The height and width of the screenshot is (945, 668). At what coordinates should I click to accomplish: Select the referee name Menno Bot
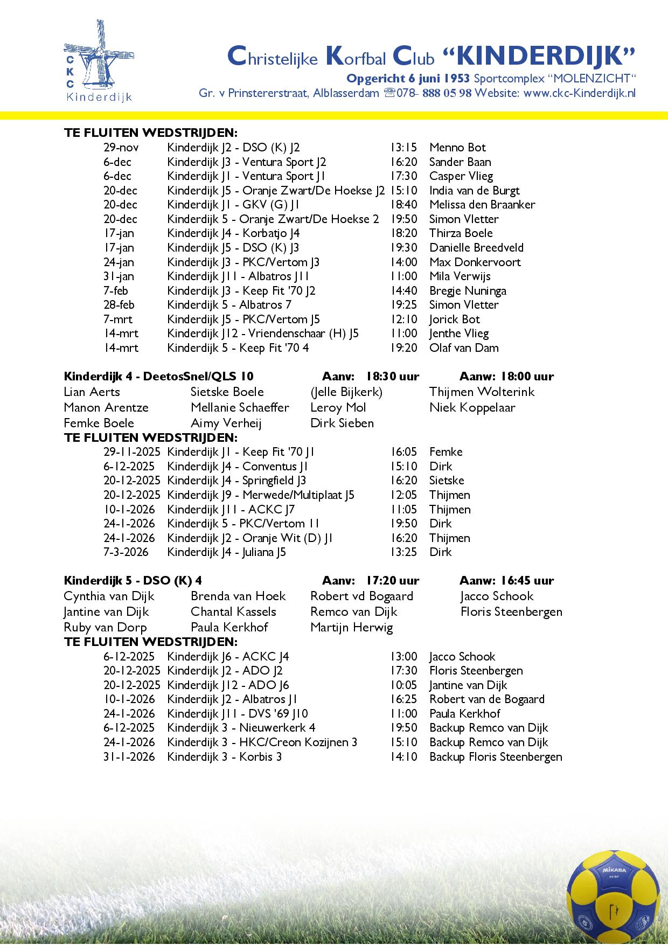tap(457, 148)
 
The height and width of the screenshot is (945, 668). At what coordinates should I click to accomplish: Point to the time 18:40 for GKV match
tap(403, 205)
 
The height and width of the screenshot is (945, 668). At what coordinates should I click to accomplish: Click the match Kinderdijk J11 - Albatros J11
tap(238, 276)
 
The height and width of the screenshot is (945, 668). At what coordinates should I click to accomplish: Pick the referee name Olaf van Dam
tap(464, 348)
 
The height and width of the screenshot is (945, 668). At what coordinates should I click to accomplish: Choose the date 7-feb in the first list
tap(116, 291)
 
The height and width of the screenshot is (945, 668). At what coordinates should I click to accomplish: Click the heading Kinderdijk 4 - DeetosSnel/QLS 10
tap(158, 376)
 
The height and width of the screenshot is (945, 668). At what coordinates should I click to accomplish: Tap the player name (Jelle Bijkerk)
tap(346, 392)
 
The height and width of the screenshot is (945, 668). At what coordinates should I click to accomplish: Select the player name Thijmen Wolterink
tap(482, 392)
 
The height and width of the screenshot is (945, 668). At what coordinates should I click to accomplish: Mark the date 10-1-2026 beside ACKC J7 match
tap(129, 509)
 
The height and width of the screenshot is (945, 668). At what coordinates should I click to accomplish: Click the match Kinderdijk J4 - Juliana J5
tap(226, 552)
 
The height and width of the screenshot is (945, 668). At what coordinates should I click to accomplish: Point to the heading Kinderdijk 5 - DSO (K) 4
tap(133, 580)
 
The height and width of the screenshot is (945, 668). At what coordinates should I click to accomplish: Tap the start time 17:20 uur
tap(392, 580)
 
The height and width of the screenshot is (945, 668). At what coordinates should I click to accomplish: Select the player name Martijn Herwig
tap(352, 627)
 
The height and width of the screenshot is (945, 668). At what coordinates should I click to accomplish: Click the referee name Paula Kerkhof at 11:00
tap(465, 714)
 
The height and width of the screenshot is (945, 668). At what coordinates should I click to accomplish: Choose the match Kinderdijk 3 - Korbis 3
tap(224, 757)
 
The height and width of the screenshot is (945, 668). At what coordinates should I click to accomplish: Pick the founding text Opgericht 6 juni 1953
tap(408, 79)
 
